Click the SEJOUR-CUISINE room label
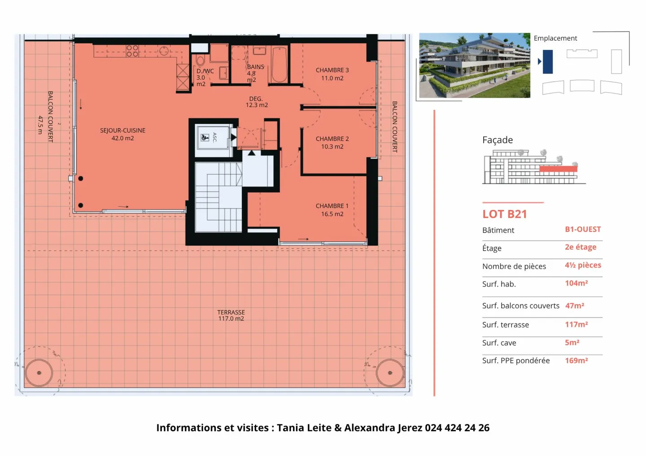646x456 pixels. click(122, 134)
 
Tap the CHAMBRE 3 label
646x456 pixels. click(332, 74)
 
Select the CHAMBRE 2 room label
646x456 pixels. click(332, 143)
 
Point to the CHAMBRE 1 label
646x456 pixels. click(332, 210)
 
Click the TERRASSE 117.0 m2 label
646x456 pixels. click(231, 315)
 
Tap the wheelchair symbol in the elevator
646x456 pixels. click(205, 138)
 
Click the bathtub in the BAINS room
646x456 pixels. click(279, 65)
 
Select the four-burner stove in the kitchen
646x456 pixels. click(132, 51)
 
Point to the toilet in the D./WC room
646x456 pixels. click(201, 61)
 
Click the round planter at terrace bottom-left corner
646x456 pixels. click(39, 373)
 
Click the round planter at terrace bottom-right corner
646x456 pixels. click(389, 373)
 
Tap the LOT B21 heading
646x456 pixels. click(505, 214)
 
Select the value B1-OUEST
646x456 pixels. click(583, 229)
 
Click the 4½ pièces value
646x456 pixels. click(583, 265)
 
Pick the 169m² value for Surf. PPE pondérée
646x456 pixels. click(576, 360)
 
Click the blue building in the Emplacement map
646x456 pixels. click(548, 61)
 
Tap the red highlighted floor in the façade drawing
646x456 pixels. click(558, 169)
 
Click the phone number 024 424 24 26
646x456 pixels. click(457, 428)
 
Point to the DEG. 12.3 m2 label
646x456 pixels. click(257, 102)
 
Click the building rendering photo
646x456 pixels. click(474, 65)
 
